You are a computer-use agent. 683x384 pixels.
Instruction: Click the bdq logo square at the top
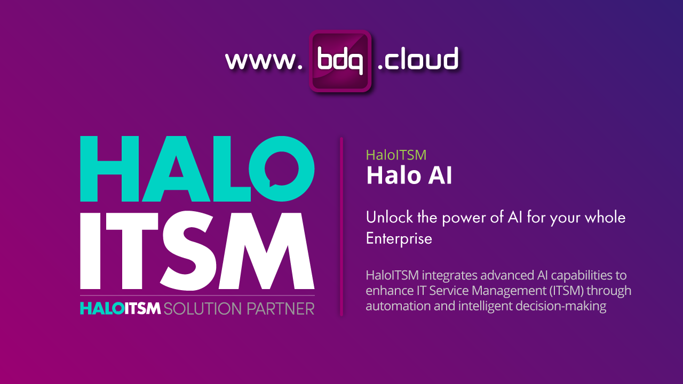[340, 60]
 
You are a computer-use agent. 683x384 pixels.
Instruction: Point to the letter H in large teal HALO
[107, 169]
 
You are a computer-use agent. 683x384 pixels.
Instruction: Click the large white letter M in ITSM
[269, 251]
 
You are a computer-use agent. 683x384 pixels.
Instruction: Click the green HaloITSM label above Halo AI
[396, 155]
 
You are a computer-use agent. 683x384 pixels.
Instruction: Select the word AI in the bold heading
[439, 176]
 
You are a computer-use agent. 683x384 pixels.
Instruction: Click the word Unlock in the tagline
[386, 218]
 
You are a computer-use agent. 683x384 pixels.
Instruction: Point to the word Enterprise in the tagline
[399, 238]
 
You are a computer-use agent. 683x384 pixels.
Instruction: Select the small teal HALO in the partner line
[101, 308]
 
